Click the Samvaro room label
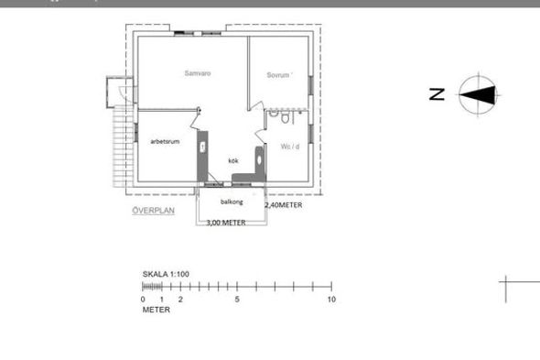pos(198,73)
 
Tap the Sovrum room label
pos(278,75)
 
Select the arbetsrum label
pos(165,141)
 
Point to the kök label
pos(233,160)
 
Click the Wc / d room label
pos(290,147)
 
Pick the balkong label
pos(232,202)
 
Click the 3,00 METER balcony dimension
pos(226,223)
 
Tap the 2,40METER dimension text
pos(284,205)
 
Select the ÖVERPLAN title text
pos(154,211)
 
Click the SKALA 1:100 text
pos(166,274)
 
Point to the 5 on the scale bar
pos(237,300)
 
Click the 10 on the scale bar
pos(331,300)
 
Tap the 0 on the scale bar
pos(143,300)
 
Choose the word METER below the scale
pos(157,310)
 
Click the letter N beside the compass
pos(437,94)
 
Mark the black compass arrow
pos(478,95)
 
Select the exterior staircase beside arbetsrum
pos(124,147)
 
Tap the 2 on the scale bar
pos(180,300)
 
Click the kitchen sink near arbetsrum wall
pos(203,147)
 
